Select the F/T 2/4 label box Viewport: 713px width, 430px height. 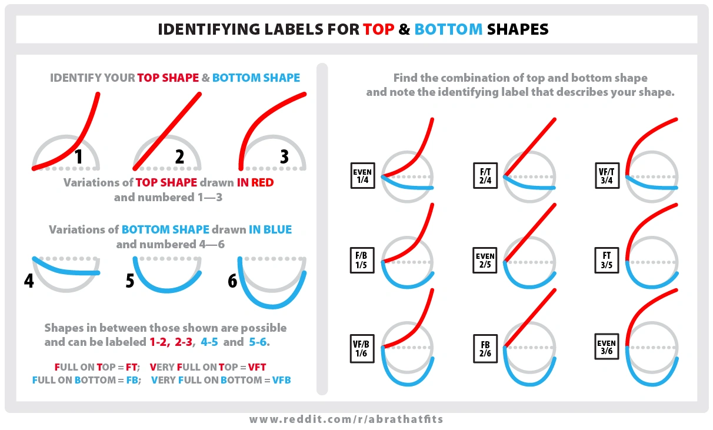485,176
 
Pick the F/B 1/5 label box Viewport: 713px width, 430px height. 361,261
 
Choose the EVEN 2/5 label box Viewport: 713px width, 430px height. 485,261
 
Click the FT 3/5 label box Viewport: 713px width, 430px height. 607,261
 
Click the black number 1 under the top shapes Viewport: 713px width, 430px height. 81,157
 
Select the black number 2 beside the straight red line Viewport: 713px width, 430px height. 179,156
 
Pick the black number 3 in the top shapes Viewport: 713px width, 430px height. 284,156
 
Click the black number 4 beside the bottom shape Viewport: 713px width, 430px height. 29,281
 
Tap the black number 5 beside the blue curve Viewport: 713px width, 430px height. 130,281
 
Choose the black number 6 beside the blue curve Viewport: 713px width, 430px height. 232,281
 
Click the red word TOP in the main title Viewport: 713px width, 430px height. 378,29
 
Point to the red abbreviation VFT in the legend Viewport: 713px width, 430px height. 257,368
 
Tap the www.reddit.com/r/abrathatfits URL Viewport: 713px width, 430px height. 346,419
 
